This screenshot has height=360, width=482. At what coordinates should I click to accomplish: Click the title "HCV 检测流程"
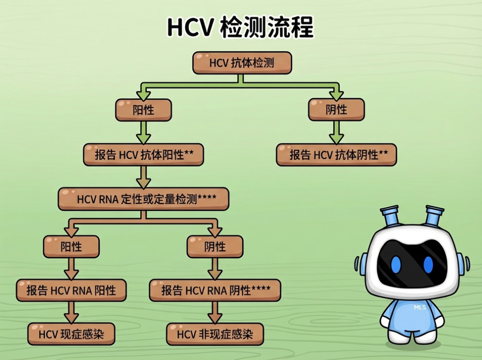(x=241, y=28)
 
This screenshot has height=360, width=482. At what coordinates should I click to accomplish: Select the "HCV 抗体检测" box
(x=242, y=63)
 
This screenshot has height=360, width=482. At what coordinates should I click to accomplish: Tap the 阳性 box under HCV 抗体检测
(x=143, y=110)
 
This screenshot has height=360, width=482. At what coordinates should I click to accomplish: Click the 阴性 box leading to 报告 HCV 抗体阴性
(x=336, y=110)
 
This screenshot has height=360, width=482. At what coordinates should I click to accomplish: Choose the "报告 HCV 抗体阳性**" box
(x=144, y=155)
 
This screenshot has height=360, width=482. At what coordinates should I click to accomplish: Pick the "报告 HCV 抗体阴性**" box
(x=336, y=155)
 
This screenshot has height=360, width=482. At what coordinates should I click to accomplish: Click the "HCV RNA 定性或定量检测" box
(x=143, y=199)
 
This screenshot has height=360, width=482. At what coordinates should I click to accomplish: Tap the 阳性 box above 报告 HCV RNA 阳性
(x=71, y=247)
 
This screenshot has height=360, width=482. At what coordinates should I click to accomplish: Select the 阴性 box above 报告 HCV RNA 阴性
(x=215, y=247)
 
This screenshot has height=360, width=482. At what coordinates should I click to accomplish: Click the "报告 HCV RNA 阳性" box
(x=71, y=290)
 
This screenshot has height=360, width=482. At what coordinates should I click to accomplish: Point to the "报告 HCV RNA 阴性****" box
(x=215, y=290)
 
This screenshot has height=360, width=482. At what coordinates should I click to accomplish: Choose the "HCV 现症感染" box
(x=71, y=334)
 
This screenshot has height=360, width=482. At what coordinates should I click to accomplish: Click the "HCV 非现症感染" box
(x=215, y=334)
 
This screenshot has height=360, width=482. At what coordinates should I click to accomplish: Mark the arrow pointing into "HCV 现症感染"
(x=71, y=313)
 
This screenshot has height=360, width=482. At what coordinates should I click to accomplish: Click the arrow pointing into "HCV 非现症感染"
(x=215, y=313)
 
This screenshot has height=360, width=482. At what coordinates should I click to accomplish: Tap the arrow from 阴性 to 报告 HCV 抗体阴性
(x=336, y=132)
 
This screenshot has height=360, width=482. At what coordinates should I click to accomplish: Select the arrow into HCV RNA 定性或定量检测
(x=143, y=177)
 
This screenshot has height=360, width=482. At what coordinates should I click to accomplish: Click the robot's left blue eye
(x=396, y=265)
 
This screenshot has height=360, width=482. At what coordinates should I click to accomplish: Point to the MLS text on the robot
(x=420, y=307)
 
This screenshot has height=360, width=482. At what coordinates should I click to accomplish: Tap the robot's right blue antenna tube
(x=433, y=216)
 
